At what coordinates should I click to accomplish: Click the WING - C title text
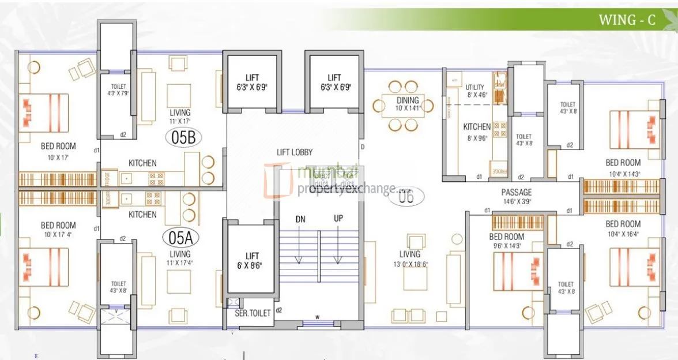[627, 20]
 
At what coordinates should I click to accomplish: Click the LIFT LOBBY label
[295, 152]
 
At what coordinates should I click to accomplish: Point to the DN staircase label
[300, 219]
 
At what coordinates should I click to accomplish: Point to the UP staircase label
[338, 219]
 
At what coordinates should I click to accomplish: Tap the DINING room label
[407, 100]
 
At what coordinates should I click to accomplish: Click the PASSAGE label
[516, 192]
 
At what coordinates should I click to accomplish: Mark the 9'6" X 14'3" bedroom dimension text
[507, 246]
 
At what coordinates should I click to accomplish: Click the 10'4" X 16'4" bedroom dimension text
[623, 234]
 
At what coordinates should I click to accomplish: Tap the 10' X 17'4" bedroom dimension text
[58, 234]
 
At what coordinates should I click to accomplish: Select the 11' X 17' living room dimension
[179, 121]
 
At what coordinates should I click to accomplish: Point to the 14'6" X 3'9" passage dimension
[516, 201]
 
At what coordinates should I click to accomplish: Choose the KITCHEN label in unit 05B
[142, 163]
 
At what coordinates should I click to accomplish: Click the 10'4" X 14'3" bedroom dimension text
[623, 172]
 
